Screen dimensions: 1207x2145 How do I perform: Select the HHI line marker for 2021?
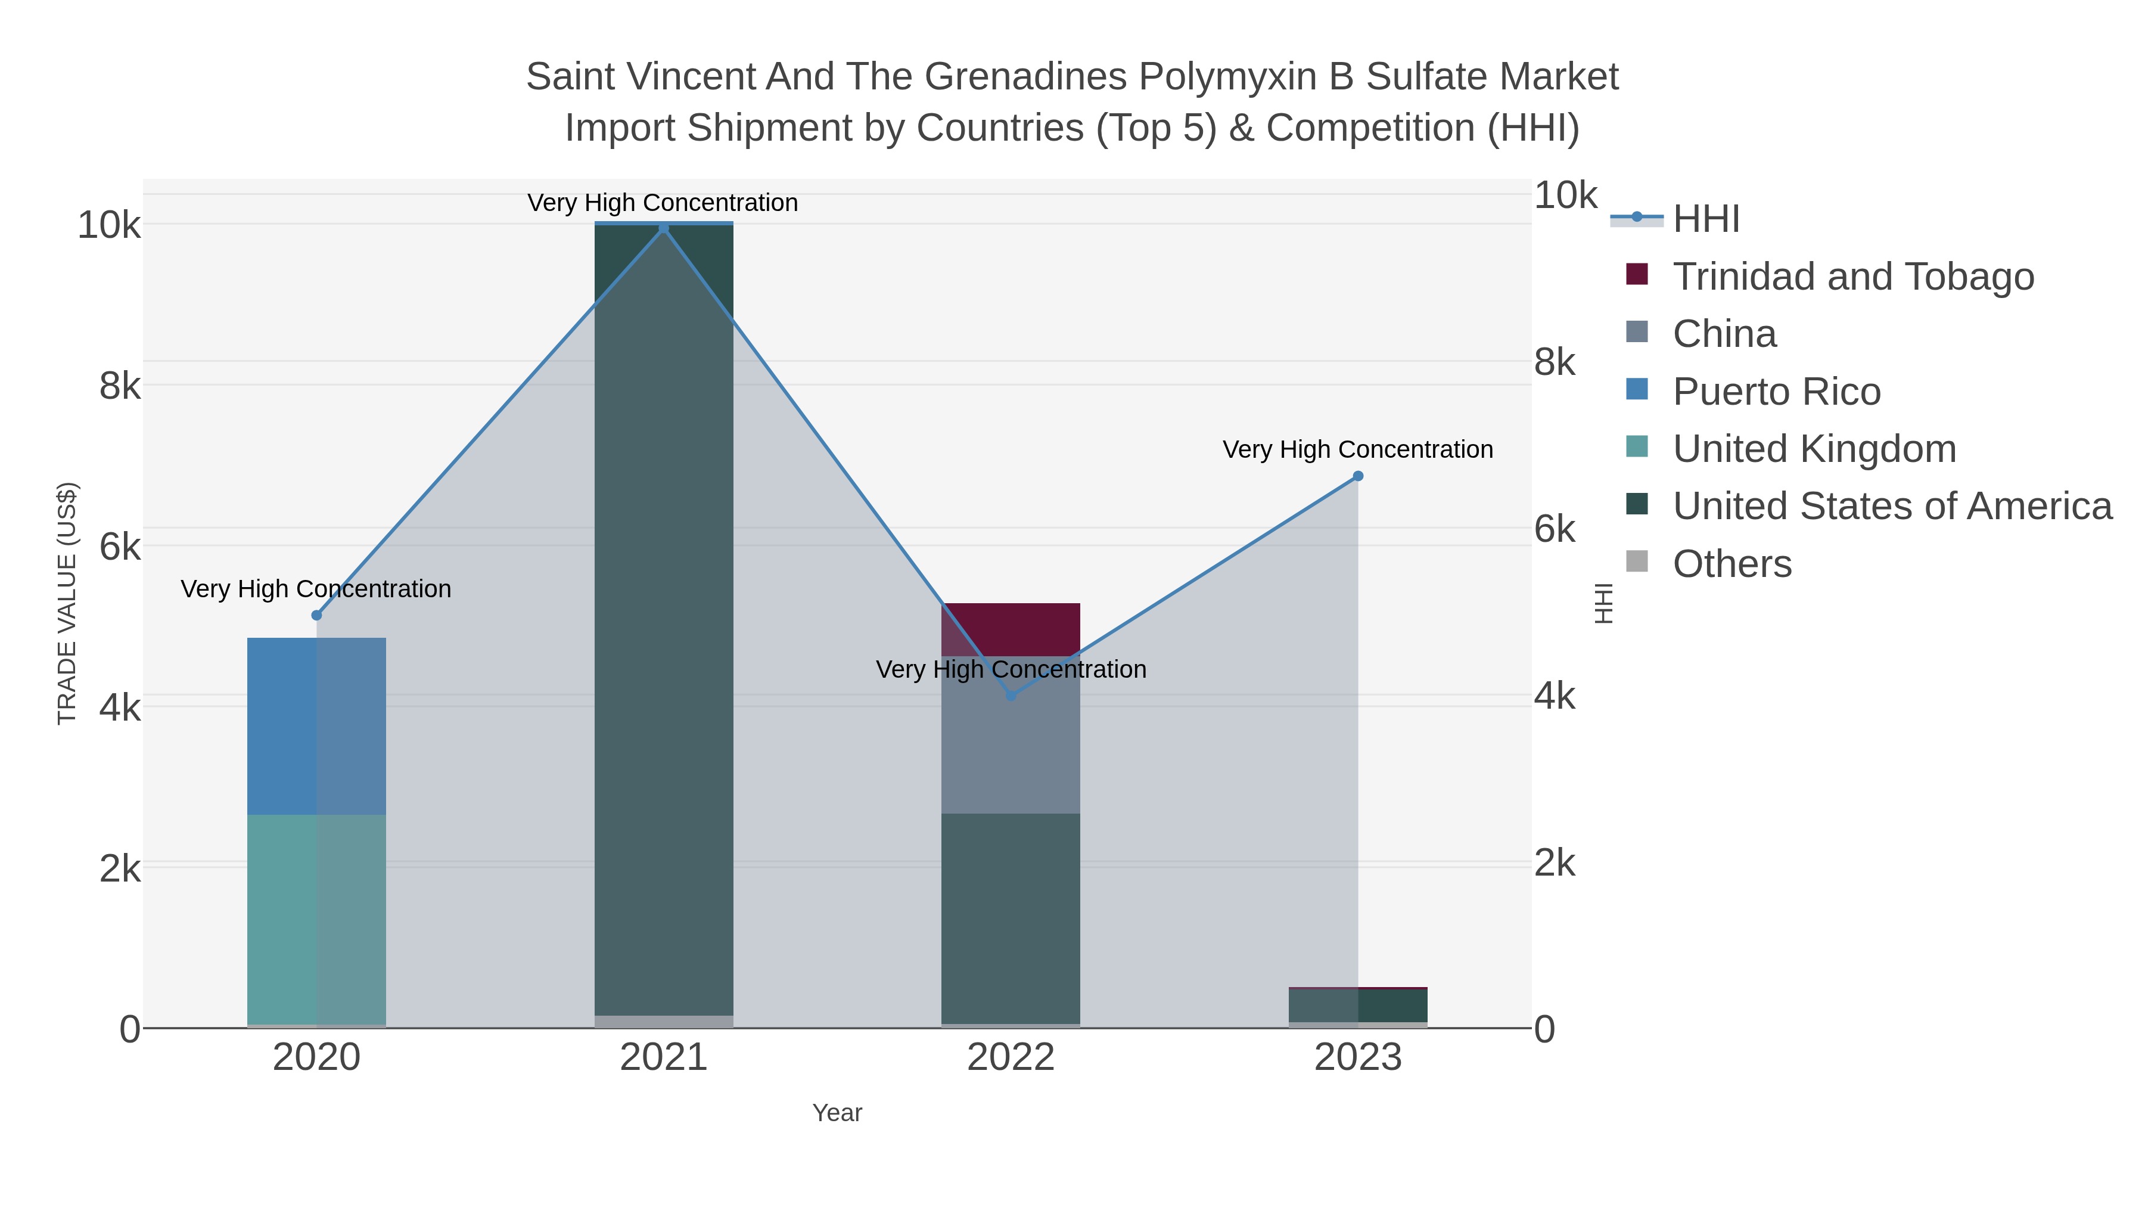point(664,228)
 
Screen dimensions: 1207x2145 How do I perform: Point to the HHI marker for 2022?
point(1011,696)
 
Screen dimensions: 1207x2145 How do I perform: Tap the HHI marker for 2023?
point(1358,476)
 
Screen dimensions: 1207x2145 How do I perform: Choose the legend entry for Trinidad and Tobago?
point(1852,277)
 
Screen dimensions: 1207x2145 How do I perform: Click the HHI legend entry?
point(1705,219)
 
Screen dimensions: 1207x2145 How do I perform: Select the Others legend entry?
point(1732,564)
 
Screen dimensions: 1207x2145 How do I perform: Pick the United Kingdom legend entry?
point(1814,449)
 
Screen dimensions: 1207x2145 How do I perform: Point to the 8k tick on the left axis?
point(120,386)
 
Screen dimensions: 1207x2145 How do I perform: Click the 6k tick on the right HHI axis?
point(1555,530)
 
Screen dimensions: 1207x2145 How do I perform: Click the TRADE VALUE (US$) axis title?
point(67,603)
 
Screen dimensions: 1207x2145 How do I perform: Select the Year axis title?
point(837,1113)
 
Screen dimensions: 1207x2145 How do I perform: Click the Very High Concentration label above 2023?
point(1357,450)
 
